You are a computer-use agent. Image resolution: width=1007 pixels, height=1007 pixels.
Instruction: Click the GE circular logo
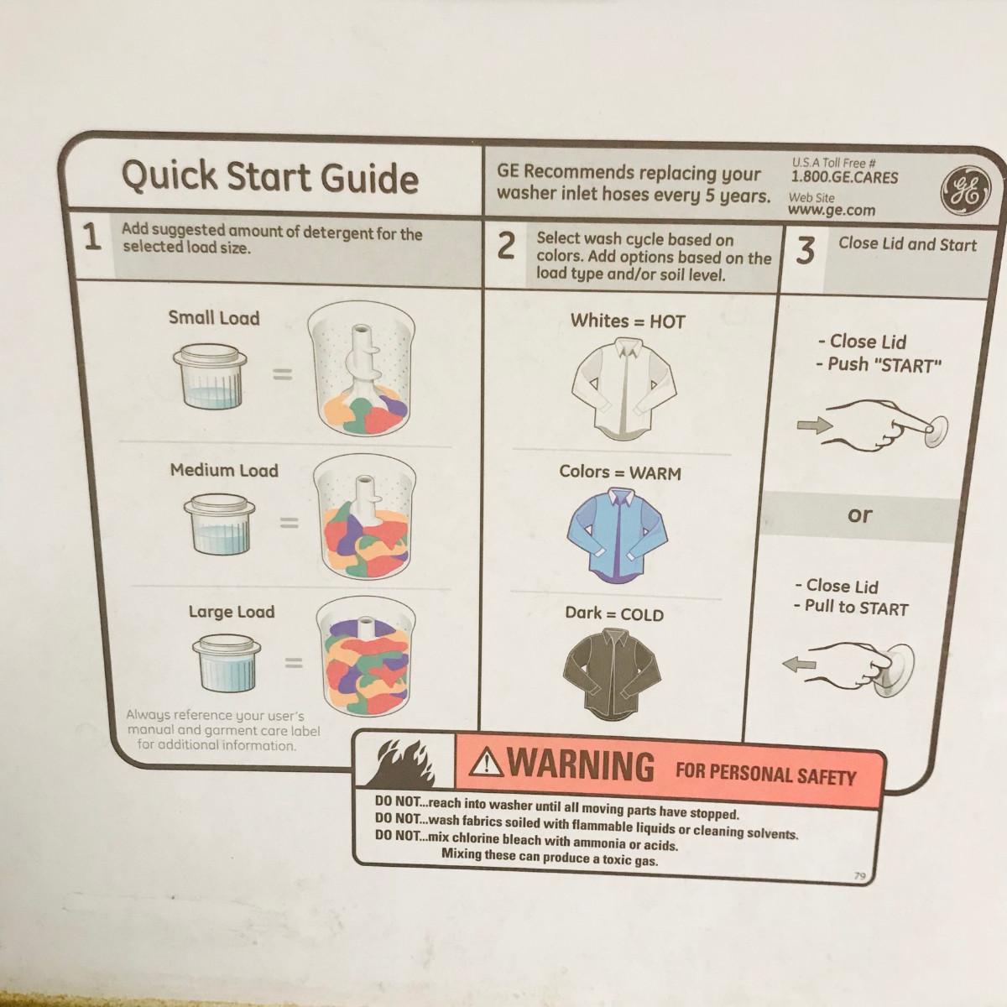[x=966, y=191]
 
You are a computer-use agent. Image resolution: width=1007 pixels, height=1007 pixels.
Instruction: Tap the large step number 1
[x=92, y=237]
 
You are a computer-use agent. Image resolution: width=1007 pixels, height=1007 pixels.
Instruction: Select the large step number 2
[x=506, y=246]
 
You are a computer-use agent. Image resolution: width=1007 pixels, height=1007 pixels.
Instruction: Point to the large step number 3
[x=806, y=251]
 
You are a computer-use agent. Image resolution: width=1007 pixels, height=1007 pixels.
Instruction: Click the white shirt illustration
[x=624, y=389]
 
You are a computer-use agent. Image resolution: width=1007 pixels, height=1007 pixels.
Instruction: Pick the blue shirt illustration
[x=618, y=535]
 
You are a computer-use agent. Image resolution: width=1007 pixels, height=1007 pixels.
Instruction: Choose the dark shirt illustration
[x=612, y=674]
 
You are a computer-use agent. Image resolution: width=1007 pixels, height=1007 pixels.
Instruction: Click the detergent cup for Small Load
[x=210, y=375]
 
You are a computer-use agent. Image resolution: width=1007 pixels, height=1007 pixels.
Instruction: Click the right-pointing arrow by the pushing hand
[x=814, y=425]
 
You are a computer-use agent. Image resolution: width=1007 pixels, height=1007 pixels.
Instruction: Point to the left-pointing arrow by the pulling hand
[x=799, y=665]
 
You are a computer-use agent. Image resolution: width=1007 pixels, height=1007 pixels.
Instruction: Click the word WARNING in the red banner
[x=581, y=766]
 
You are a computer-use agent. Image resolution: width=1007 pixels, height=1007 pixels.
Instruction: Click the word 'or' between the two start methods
[x=859, y=514]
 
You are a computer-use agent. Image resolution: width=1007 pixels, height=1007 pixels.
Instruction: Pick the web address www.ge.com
[x=832, y=210]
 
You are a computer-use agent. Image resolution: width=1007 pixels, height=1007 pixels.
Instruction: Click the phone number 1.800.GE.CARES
[x=844, y=177]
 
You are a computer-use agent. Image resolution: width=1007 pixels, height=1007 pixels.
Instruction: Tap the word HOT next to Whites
[x=667, y=321]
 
